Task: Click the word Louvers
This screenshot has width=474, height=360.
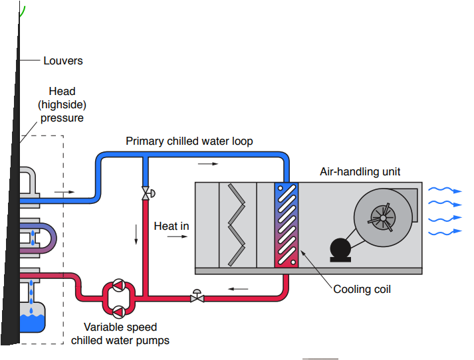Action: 63,60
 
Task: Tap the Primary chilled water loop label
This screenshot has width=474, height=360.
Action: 189,141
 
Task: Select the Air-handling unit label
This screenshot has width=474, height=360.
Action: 360,172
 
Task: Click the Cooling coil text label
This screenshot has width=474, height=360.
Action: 362,290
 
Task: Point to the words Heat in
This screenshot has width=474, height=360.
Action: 172,226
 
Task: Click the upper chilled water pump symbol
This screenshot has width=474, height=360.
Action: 119,285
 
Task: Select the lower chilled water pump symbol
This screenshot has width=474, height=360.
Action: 119,312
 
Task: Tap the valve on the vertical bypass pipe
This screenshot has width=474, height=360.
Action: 147,193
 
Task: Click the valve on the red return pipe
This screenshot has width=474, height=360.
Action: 197,297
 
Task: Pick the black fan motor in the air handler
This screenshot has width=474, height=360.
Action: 340,250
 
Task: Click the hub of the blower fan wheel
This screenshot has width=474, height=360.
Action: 383,218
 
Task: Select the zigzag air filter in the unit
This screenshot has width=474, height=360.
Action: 237,225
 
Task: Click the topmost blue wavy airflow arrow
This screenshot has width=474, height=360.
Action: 445,190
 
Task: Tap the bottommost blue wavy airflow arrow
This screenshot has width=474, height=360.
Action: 445,232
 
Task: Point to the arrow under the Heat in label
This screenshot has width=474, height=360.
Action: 178,236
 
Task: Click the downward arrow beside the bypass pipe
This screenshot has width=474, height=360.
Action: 136,234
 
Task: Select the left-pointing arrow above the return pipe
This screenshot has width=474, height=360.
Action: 238,289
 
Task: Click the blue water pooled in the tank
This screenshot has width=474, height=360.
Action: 33,323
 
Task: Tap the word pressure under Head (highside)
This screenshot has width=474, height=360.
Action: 62,118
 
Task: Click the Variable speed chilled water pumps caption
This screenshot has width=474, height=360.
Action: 120,333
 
